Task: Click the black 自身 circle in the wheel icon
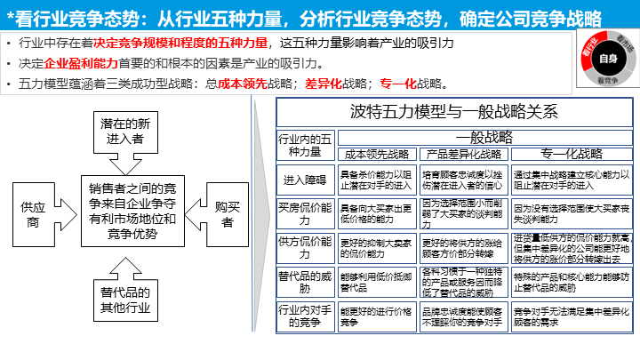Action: (x=607, y=60)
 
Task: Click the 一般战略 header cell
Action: (x=484, y=138)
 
